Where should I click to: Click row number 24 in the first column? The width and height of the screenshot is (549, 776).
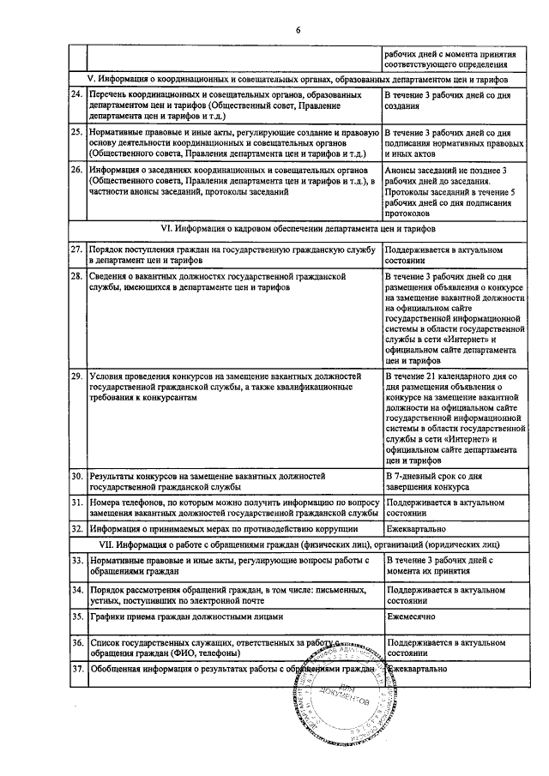(76, 94)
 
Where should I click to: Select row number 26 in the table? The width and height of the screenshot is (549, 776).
(76, 170)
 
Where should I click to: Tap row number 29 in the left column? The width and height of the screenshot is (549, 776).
(76, 376)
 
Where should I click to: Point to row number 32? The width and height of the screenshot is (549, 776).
(76, 529)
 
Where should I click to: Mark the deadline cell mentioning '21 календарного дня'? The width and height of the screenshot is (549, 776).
(450, 418)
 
